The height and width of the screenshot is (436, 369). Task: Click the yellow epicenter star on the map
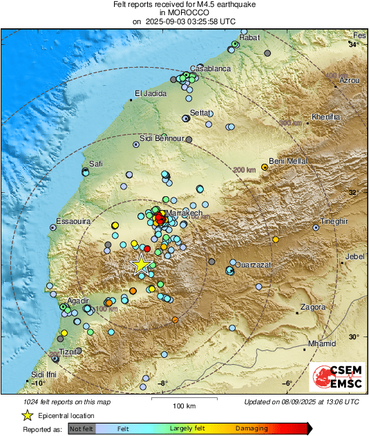point(141,264)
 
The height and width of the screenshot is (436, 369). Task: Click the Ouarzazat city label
point(255,265)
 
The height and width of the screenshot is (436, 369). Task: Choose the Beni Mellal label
point(287,161)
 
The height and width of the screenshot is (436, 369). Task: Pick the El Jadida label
point(151,94)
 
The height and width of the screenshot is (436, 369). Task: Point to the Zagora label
point(313,307)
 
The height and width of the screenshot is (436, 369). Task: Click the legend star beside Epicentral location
point(27,415)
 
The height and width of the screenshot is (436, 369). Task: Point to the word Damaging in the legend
point(252,428)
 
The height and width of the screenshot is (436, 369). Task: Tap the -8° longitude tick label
point(162,383)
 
